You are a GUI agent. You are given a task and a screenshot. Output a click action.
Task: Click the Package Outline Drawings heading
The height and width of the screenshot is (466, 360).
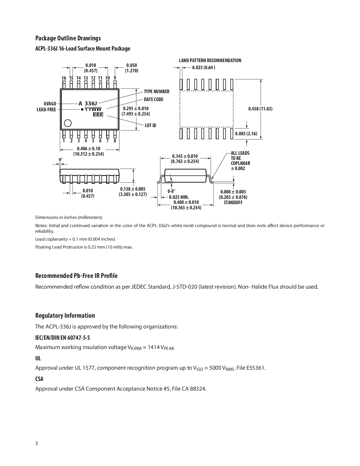pyautogui.click(x=68, y=38)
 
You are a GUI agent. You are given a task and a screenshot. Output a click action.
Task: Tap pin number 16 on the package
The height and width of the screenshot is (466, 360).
pyautogui.click(x=64, y=78)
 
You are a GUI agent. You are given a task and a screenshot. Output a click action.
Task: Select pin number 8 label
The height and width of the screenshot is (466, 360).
pyautogui.click(x=115, y=141)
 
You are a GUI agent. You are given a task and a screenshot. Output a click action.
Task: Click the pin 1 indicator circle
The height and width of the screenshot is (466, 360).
pyautogui.click(x=68, y=123)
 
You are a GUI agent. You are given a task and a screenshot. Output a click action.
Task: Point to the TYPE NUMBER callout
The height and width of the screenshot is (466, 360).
pyautogui.click(x=156, y=92)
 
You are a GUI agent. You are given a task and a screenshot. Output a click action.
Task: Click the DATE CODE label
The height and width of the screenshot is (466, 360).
pyautogui.click(x=154, y=99)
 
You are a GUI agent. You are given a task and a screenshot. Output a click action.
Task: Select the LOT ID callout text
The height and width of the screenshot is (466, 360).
pyautogui.click(x=150, y=125)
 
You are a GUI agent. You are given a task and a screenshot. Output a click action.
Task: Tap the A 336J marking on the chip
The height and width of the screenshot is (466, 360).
pyautogui.click(x=88, y=103)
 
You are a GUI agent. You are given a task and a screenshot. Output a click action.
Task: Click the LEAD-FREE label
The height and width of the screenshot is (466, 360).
pyautogui.click(x=46, y=110)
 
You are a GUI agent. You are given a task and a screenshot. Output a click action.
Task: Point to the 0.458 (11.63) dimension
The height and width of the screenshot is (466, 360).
pyautogui.click(x=260, y=109)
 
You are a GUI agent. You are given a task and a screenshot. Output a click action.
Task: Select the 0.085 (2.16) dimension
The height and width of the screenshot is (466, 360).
pyautogui.click(x=246, y=134)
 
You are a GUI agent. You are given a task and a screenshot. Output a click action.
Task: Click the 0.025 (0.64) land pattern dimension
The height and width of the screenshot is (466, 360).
pyautogui.click(x=204, y=67)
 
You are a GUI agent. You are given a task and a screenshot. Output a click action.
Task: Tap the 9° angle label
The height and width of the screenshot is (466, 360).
pyautogui.click(x=60, y=160)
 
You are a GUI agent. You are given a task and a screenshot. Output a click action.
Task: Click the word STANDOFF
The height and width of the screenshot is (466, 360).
pyautogui.click(x=233, y=202)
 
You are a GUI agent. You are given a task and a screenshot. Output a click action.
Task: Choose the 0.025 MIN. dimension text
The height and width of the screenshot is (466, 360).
pyautogui.click(x=179, y=197)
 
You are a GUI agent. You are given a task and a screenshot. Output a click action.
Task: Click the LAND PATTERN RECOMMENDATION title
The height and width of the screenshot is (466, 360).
pyautogui.click(x=210, y=60)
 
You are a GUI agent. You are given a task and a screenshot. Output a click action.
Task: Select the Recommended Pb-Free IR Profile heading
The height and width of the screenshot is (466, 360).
pyautogui.click(x=76, y=276)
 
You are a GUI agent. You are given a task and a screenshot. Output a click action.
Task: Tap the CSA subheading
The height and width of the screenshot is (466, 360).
pyautogui.click(x=39, y=379)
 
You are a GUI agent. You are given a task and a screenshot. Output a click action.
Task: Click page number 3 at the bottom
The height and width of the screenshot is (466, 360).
pyautogui.click(x=36, y=443)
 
